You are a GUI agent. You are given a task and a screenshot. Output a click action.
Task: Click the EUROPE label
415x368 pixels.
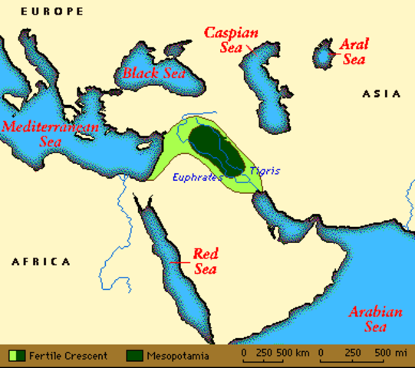[52, 11]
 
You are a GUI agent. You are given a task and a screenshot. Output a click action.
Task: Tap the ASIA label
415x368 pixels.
[381, 94]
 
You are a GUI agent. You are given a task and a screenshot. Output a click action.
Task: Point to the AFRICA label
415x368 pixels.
[41, 261]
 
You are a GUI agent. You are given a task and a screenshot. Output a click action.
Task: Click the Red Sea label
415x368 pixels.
[205, 261]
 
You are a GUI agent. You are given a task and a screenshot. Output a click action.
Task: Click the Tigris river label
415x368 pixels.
[265, 170]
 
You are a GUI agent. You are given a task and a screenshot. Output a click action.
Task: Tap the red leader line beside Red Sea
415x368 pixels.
[182, 262]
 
